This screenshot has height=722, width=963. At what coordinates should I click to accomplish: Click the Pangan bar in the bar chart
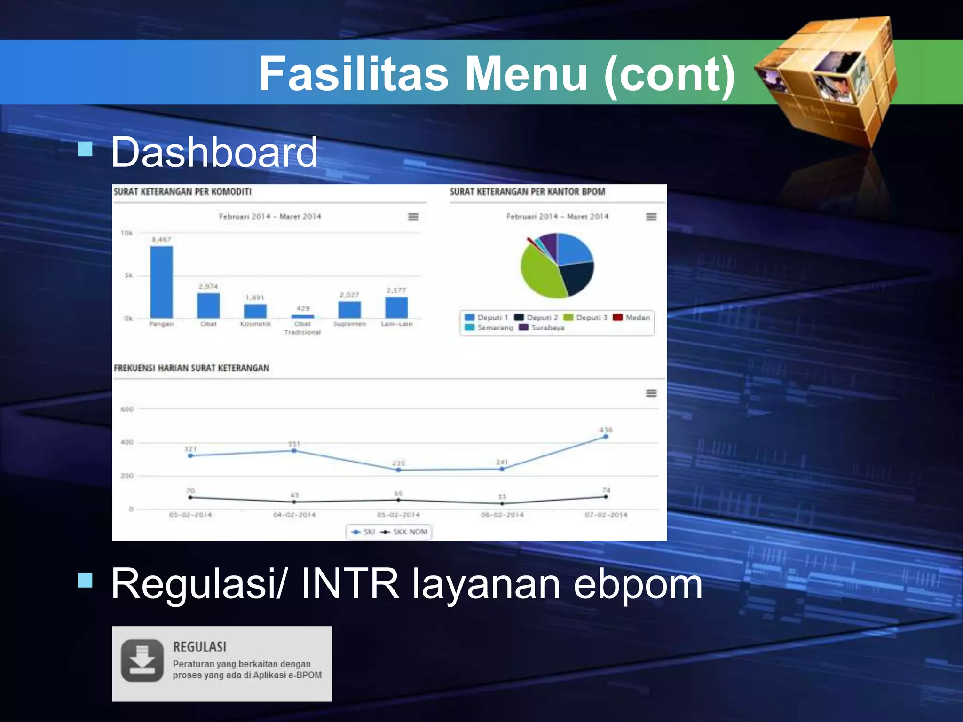[x=161, y=282]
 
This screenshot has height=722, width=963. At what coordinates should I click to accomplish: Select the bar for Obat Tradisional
[x=302, y=316]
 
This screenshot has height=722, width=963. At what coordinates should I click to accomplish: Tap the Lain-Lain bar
[x=396, y=307]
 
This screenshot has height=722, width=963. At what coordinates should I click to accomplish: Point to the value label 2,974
[x=208, y=286]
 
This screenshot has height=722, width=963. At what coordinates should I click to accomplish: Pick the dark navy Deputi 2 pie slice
[x=576, y=277]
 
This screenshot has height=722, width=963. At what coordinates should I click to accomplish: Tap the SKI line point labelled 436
[x=606, y=437]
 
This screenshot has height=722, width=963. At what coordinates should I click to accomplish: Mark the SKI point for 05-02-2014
[x=398, y=470]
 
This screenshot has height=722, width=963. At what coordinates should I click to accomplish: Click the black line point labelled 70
[x=190, y=497]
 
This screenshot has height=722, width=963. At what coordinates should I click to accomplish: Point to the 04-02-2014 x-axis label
[x=294, y=515]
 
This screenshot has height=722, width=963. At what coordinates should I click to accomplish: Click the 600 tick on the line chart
[x=127, y=409]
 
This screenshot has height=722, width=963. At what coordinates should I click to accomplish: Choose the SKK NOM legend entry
[x=405, y=532]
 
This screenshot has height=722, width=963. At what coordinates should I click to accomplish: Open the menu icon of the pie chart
[x=651, y=217]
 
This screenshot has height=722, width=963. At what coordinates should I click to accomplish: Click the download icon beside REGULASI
[x=142, y=660]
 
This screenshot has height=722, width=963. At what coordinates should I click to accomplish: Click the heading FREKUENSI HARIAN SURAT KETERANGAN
[x=191, y=368]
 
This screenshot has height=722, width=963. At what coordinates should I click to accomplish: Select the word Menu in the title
[x=526, y=74]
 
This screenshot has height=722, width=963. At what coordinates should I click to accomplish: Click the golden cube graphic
[x=828, y=80]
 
